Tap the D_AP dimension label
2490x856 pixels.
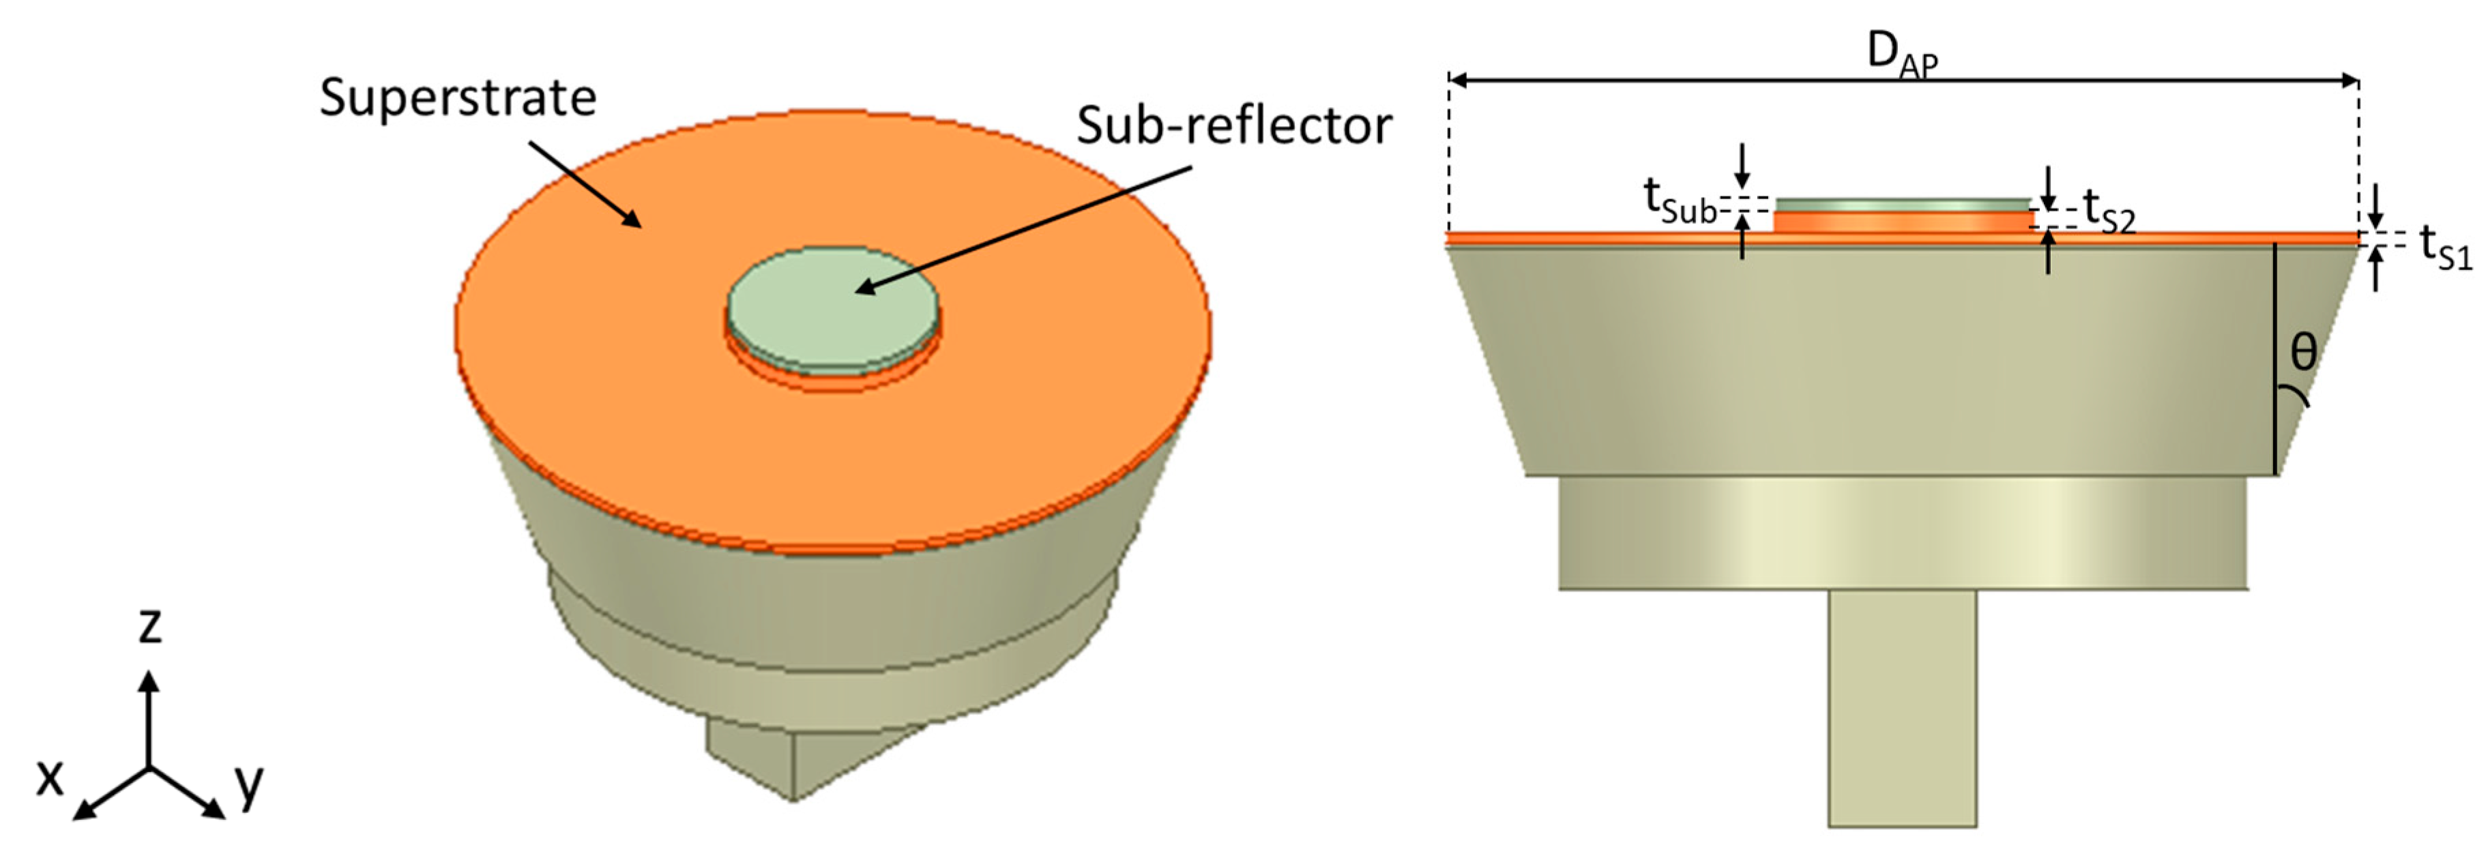point(1901,54)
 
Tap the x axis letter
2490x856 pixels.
point(50,778)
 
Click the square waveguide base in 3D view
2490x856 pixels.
point(793,758)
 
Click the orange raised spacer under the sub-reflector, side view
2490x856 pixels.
point(1903,221)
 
